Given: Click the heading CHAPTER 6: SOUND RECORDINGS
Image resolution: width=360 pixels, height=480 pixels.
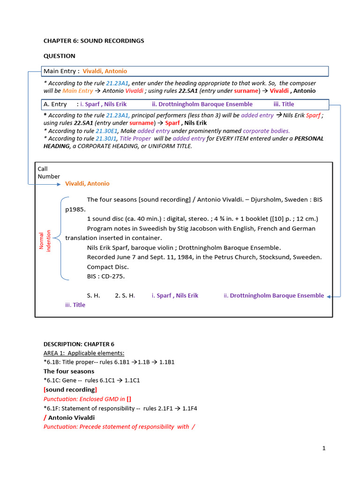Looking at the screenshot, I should tap(94, 41).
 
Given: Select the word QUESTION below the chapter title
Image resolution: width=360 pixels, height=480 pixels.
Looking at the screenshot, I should tap(60, 56).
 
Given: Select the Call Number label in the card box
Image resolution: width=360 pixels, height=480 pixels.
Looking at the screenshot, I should tap(49, 172).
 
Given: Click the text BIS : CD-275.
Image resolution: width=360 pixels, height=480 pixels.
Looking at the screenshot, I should tap(106, 276).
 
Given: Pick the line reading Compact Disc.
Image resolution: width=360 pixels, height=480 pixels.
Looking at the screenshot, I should tap(108, 267).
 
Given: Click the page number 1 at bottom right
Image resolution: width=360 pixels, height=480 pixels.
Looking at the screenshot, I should tap(323, 448).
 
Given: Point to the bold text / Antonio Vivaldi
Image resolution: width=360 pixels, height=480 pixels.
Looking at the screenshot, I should tap(69, 417).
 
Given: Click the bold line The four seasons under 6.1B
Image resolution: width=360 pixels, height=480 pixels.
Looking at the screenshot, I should tap(69, 371).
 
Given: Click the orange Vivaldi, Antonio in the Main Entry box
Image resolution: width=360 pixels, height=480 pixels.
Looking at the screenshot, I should tap(105, 71).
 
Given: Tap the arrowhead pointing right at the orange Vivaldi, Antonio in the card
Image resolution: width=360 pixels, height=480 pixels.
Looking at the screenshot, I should tap(59, 184).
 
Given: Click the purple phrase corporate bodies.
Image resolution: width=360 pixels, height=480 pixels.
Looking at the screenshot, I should tap(266, 131).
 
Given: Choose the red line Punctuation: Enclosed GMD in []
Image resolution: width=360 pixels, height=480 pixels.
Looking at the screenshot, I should tap(88, 399).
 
